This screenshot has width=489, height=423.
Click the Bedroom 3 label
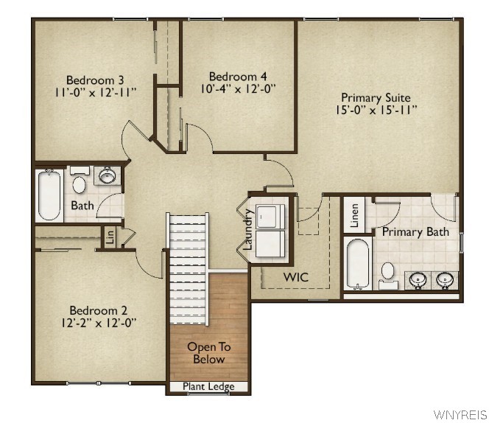pyautogui.click(x=94, y=80)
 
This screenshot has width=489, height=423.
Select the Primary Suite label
pyautogui.click(x=375, y=97)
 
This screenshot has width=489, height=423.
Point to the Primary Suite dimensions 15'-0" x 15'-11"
pyautogui.click(x=375, y=110)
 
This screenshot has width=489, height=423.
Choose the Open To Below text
pyautogui.click(x=208, y=353)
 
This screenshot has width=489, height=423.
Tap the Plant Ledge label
pyautogui.click(x=208, y=387)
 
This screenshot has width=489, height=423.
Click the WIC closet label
pyautogui.click(x=296, y=277)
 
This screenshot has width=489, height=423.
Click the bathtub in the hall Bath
pyautogui.click(x=49, y=195)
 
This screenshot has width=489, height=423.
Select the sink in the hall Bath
pyautogui.click(x=108, y=176)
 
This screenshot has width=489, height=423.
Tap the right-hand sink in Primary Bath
pyautogui.click(x=444, y=279)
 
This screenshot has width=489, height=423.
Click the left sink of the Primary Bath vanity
pyautogui.click(x=418, y=279)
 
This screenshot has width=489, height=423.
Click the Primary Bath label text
pyautogui.click(x=415, y=232)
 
